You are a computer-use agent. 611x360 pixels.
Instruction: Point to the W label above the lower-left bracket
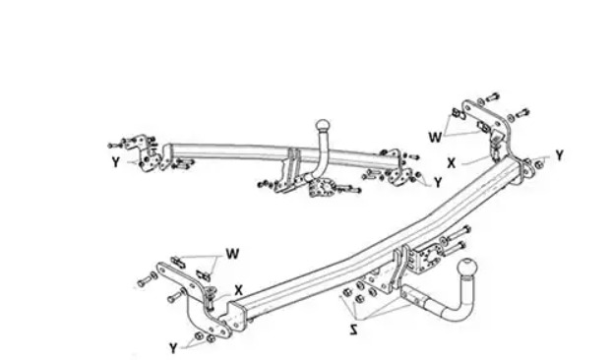[232, 254]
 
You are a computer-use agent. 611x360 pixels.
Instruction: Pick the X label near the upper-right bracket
[452, 162]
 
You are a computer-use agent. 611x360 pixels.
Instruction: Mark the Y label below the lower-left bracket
[174, 347]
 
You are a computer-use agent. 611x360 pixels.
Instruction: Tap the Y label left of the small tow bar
[116, 161]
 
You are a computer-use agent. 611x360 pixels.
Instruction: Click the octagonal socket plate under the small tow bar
[320, 190]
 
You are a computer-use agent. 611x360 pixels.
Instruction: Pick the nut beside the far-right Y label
[538, 165]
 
